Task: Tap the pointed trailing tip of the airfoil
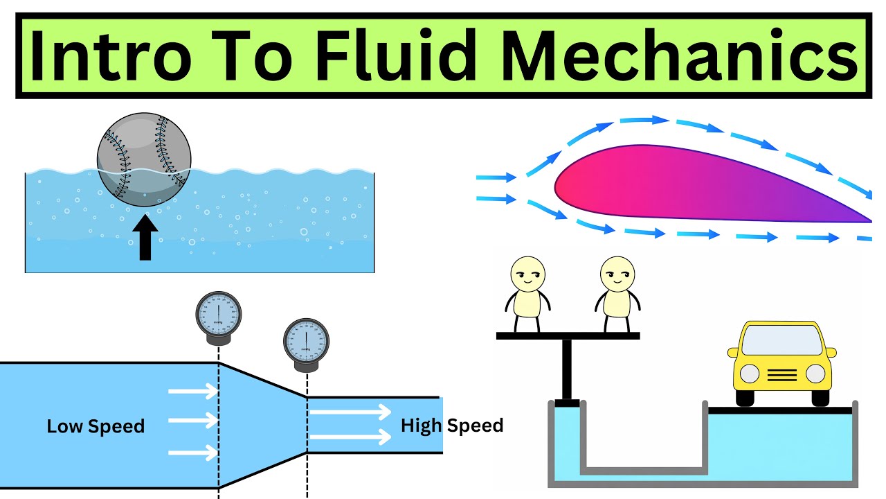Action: click(x=869, y=220)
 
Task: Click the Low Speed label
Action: click(x=96, y=426)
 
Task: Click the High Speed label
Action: click(x=452, y=425)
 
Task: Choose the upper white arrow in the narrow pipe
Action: click(x=350, y=412)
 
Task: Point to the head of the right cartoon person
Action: click(x=615, y=273)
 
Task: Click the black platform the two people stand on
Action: click(x=568, y=336)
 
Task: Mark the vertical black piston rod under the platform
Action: click(x=568, y=367)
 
